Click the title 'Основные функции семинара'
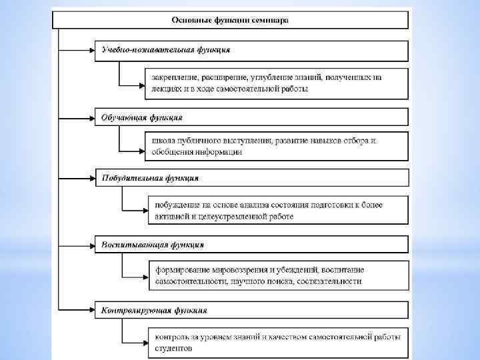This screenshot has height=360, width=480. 230,20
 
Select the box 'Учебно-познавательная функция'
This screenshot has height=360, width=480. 167,50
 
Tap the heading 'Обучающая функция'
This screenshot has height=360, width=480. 142,117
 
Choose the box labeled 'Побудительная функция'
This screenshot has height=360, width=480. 150,178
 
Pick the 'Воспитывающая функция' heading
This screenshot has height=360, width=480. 153,245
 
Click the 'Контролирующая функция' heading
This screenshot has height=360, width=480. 155,310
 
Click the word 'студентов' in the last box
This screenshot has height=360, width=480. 174,348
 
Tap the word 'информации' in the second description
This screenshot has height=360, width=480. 219,152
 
